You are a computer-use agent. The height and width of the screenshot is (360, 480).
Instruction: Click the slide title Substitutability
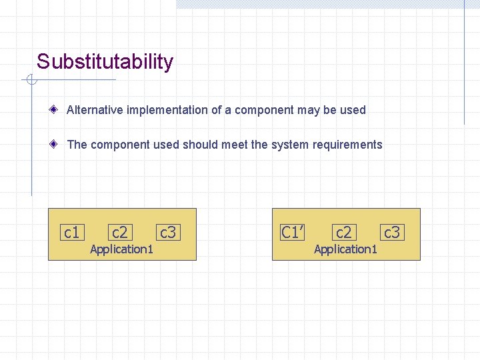pos(105,62)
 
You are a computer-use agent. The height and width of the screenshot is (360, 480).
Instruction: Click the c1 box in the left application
pos(71,232)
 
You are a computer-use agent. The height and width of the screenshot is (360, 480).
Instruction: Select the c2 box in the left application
pos(120,232)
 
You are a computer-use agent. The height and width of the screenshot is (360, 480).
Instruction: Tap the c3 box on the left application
pos(168,232)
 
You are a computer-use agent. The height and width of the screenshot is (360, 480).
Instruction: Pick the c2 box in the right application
pos(344,232)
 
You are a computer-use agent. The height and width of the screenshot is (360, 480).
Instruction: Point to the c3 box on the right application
pos(392,232)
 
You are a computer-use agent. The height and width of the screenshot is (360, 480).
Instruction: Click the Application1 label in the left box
pos(122,249)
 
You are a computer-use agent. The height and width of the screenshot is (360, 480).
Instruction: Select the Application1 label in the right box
pos(346,249)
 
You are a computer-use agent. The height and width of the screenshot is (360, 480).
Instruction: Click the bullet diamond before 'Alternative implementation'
pos(59,109)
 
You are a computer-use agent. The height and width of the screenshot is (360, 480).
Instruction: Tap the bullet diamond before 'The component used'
pos(59,144)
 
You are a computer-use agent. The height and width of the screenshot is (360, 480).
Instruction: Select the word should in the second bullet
pos(201,145)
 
